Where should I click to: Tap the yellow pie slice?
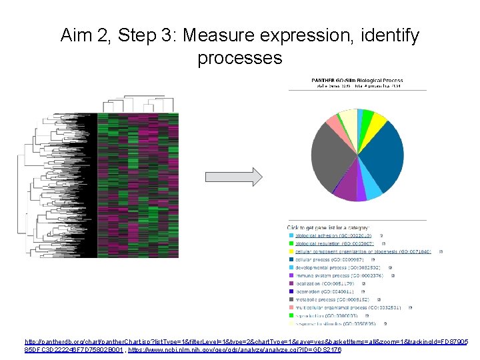click(377, 121)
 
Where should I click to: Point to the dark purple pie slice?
click(345, 191)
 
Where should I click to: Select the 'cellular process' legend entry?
click(325, 259)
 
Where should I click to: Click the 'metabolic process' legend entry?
click(326, 299)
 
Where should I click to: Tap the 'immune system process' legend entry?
click(331, 275)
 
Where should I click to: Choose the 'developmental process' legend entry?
click(331, 267)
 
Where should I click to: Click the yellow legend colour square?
click(291, 251)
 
